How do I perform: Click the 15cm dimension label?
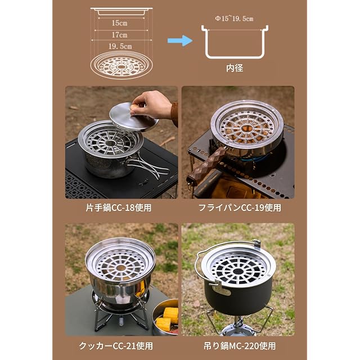119,23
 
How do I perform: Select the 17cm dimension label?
119,35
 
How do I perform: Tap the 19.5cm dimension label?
120,46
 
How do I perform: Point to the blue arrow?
180,40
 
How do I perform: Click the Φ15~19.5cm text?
234,19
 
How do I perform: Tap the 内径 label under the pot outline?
235,68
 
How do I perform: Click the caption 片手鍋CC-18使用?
119,208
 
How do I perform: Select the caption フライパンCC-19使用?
240,208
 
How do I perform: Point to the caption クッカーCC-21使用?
116,346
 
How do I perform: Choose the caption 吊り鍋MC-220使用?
240,346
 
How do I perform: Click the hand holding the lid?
152,105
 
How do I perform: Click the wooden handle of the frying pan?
205,163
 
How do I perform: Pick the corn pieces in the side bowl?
167,318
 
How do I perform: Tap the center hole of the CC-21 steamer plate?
120,268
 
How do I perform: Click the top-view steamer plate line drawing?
121,65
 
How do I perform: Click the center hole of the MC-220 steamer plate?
238,272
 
